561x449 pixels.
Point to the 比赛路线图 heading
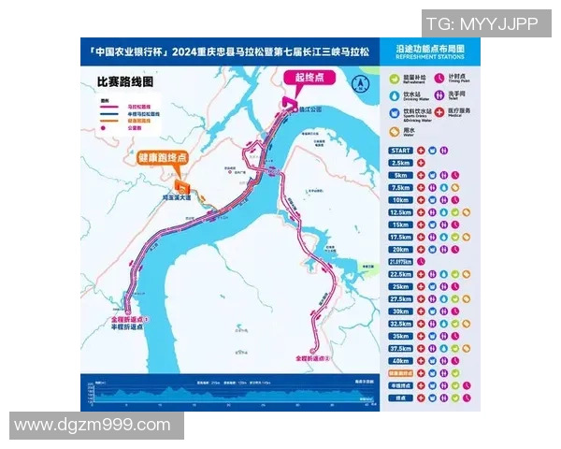point(123,81)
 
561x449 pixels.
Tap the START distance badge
point(400,150)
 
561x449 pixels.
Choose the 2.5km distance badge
point(400,162)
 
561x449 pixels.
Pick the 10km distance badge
point(400,199)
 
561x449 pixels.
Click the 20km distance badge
point(400,249)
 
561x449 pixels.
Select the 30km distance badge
point(400,311)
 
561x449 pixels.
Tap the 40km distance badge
point(400,360)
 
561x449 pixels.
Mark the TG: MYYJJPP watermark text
point(482,24)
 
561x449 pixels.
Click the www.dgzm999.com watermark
point(93,426)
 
